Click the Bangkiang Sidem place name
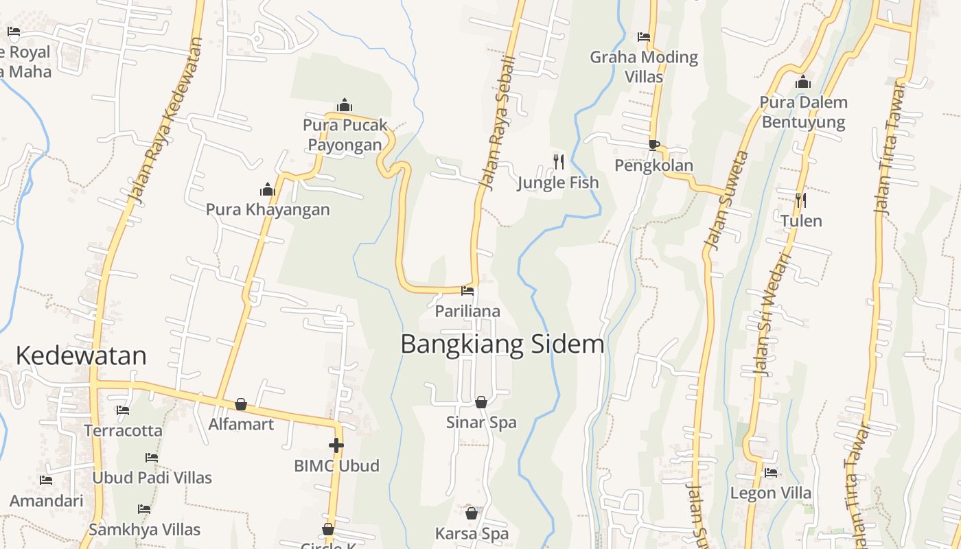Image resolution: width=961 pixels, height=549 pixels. click(502, 344)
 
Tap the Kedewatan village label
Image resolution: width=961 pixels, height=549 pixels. click(81, 355)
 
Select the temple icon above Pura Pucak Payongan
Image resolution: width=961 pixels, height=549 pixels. click(345, 105)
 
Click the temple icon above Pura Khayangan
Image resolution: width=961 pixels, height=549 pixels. click(268, 189)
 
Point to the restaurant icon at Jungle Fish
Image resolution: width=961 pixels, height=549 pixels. click(559, 162)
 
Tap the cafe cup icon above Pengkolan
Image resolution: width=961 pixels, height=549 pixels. click(653, 145)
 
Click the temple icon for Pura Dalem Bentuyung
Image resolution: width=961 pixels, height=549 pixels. click(803, 82)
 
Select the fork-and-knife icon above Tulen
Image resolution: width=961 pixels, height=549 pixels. click(801, 200)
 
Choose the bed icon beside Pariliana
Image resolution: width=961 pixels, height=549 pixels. click(467, 291)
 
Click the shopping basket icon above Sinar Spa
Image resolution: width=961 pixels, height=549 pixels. click(481, 402)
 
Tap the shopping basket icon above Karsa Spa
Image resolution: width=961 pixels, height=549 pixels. click(472, 513)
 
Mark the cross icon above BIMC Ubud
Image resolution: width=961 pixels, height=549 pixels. click(336, 445)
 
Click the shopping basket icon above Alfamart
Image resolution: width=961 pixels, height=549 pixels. click(241, 404)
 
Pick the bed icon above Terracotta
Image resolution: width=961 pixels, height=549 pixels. click(123, 410)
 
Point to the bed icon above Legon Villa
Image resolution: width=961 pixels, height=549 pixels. click(771, 473)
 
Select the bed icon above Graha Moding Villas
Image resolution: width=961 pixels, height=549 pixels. click(644, 37)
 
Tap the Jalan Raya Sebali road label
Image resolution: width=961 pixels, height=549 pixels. click(497, 122)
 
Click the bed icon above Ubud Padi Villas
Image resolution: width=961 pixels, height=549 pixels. click(152, 457)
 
